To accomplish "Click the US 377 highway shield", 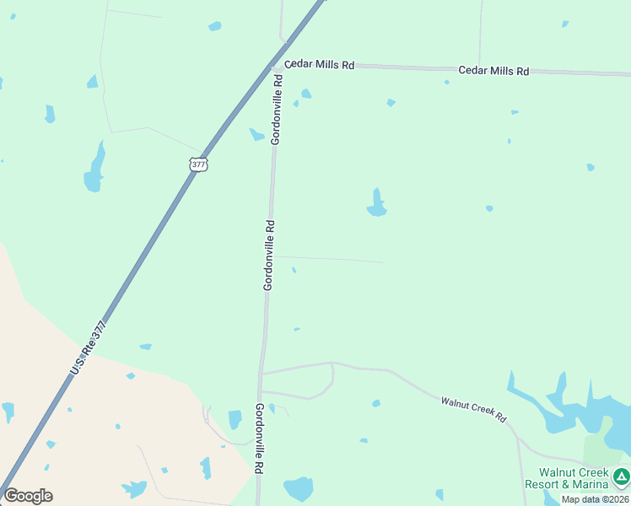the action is tap(198, 164).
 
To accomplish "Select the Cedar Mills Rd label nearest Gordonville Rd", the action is tap(319, 65).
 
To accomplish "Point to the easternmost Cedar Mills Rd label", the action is tap(493, 71).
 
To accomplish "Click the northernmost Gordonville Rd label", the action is tap(276, 109).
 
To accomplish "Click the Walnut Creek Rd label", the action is tap(473, 406).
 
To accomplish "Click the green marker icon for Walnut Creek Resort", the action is tap(622, 477).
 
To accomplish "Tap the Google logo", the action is tap(28, 496).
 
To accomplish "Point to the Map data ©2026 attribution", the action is tap(596, 499).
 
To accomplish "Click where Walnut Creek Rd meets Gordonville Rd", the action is tap(263, 372).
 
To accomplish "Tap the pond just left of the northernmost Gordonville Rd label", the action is tap(256, 134).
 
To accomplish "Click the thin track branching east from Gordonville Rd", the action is tap(329, 259).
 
